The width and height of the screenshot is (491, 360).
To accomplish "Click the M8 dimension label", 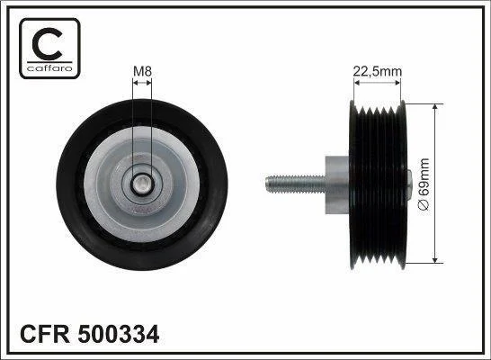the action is click(x=142, y=71).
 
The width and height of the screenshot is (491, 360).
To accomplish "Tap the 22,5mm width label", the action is click(x=378, y=72).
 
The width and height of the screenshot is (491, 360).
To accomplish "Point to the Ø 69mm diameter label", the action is click(x=424, y=184).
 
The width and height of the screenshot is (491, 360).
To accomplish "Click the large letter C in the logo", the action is click(x=48, y=43).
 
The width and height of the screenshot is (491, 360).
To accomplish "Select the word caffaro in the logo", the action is click(x=49, y=68).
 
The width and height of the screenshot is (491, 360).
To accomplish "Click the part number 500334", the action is click(x=119, y=334).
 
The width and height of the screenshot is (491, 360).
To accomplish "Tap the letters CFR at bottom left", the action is click(x=45, y=334).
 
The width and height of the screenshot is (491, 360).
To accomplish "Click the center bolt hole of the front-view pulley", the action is click(x=142, y=184).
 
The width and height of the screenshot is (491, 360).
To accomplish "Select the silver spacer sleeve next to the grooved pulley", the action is click(x=337, y=184).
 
